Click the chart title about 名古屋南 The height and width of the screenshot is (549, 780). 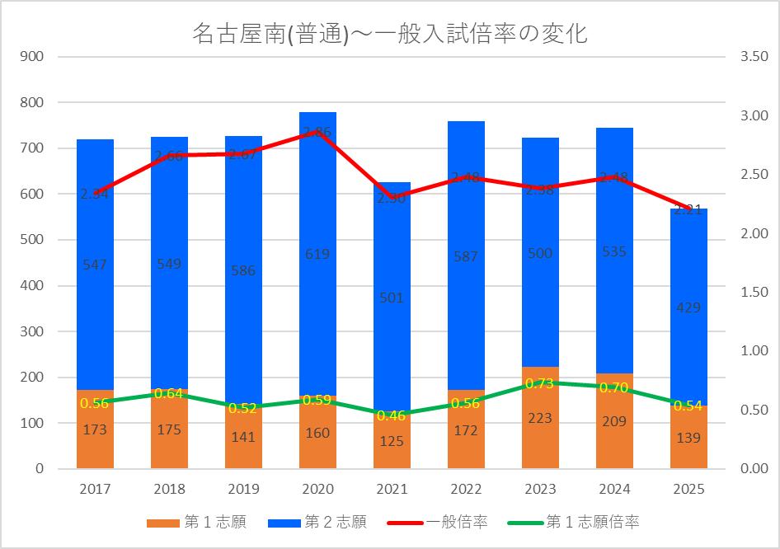[389, 34]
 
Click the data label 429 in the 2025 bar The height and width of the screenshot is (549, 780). [688, 307]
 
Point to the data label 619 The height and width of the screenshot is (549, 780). [317, 254]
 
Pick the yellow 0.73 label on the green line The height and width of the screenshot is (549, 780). [540, 383]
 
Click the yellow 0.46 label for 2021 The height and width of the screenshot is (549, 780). [392, 415]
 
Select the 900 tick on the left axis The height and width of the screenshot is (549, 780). [34, 57]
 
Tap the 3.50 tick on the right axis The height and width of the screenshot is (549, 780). [754, 57]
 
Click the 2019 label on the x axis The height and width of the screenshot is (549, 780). [243, 490]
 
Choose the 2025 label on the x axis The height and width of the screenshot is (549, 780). [688, 490]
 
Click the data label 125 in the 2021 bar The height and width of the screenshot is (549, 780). [392, 442]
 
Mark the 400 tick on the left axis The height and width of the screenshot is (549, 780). [34, 286]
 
